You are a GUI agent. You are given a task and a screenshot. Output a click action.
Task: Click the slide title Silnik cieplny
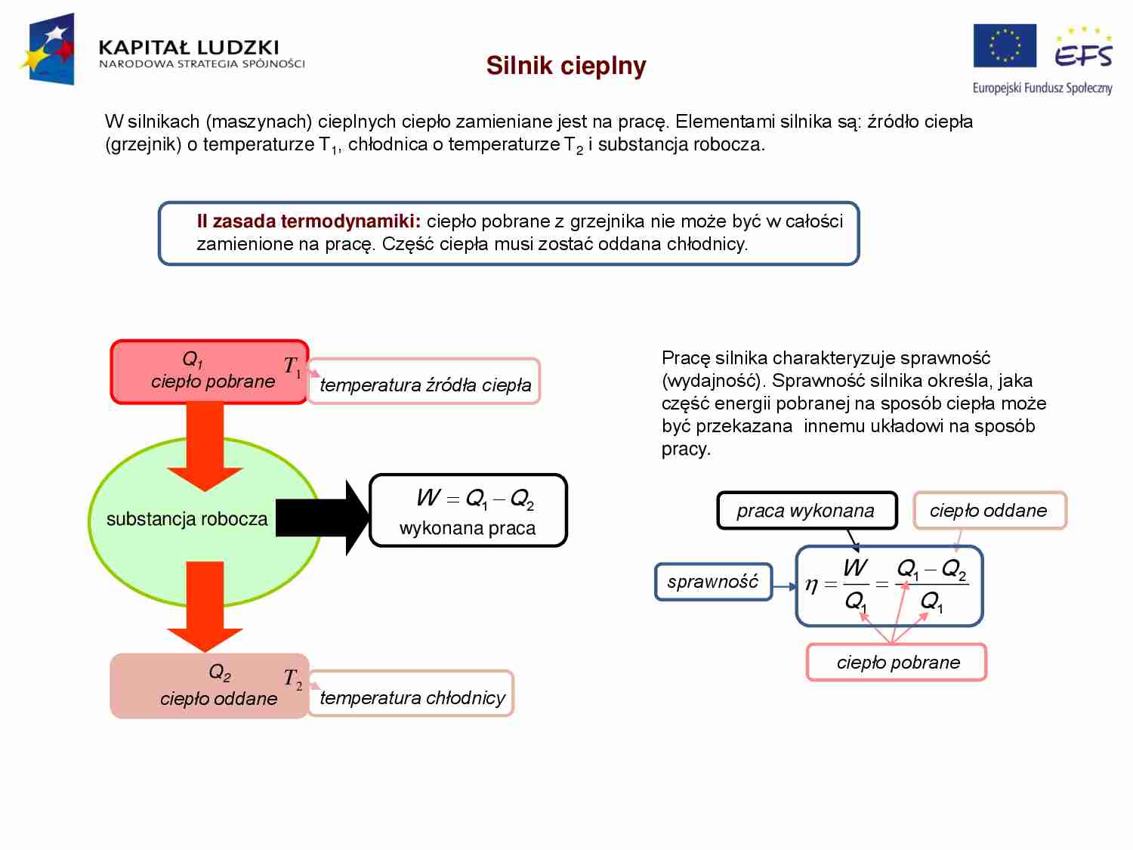click(x=566, y=66)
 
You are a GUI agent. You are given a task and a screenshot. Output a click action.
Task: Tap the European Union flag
click(x=1004, y=46)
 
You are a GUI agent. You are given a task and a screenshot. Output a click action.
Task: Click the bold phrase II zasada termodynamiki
click(x=308, y=221)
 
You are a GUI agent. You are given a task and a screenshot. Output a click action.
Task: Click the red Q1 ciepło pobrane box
click(x=209, y=372)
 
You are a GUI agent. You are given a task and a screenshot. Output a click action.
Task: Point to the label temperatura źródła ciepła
click(x=424, y=385)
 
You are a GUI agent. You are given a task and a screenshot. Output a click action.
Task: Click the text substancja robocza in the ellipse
click(x=187, y=519)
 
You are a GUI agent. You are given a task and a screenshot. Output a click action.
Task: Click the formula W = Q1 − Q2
click(x=474, y=499)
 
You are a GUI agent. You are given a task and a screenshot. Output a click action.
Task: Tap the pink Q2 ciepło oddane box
click(x=209, y=685)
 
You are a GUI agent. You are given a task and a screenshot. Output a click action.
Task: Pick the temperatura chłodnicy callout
click(x=412, y=697)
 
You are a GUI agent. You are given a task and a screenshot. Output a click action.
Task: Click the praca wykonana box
click(x=806, y=511)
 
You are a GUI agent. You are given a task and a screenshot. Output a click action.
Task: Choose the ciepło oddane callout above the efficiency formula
click(x=989, y=511)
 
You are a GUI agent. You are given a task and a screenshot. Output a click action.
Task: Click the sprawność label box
click(x=713, y=582)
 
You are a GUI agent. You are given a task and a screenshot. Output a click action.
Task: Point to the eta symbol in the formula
click(x=811, y=584)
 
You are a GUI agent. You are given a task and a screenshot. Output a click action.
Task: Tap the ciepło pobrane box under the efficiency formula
click(x=897, y=663)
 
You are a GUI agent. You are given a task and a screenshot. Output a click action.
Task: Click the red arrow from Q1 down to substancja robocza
click(x=205, y=446)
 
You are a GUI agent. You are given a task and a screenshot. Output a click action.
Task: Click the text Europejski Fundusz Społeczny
click(x=1042, y=88)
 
